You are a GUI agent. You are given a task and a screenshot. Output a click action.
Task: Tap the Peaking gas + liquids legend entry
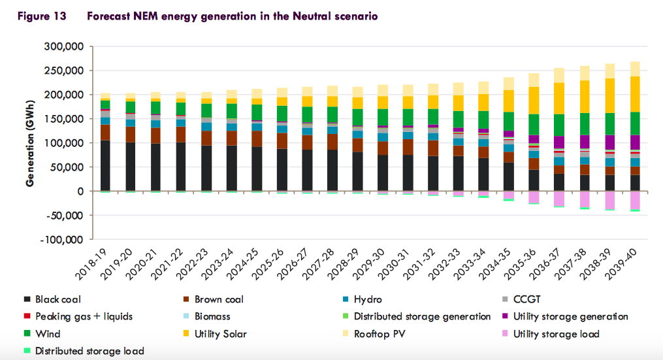click(84, 316)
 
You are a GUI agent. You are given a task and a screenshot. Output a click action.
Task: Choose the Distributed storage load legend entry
click(89, 351)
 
